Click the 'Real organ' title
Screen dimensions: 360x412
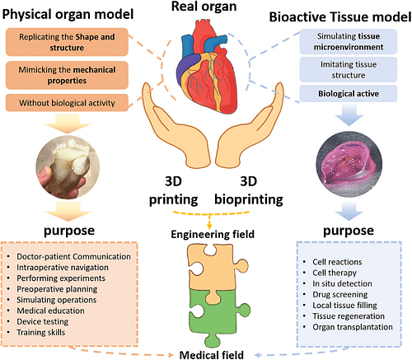[x=205, y=9]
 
